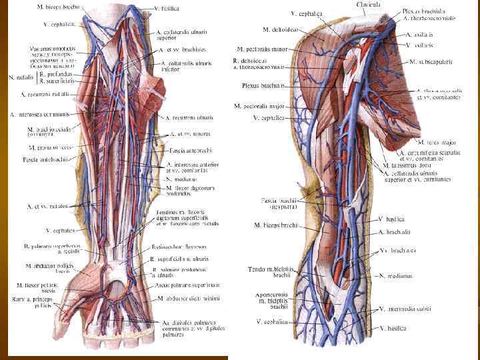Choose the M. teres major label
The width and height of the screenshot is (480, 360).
pos(437,142)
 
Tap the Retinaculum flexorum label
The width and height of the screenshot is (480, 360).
pos(176,247)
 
